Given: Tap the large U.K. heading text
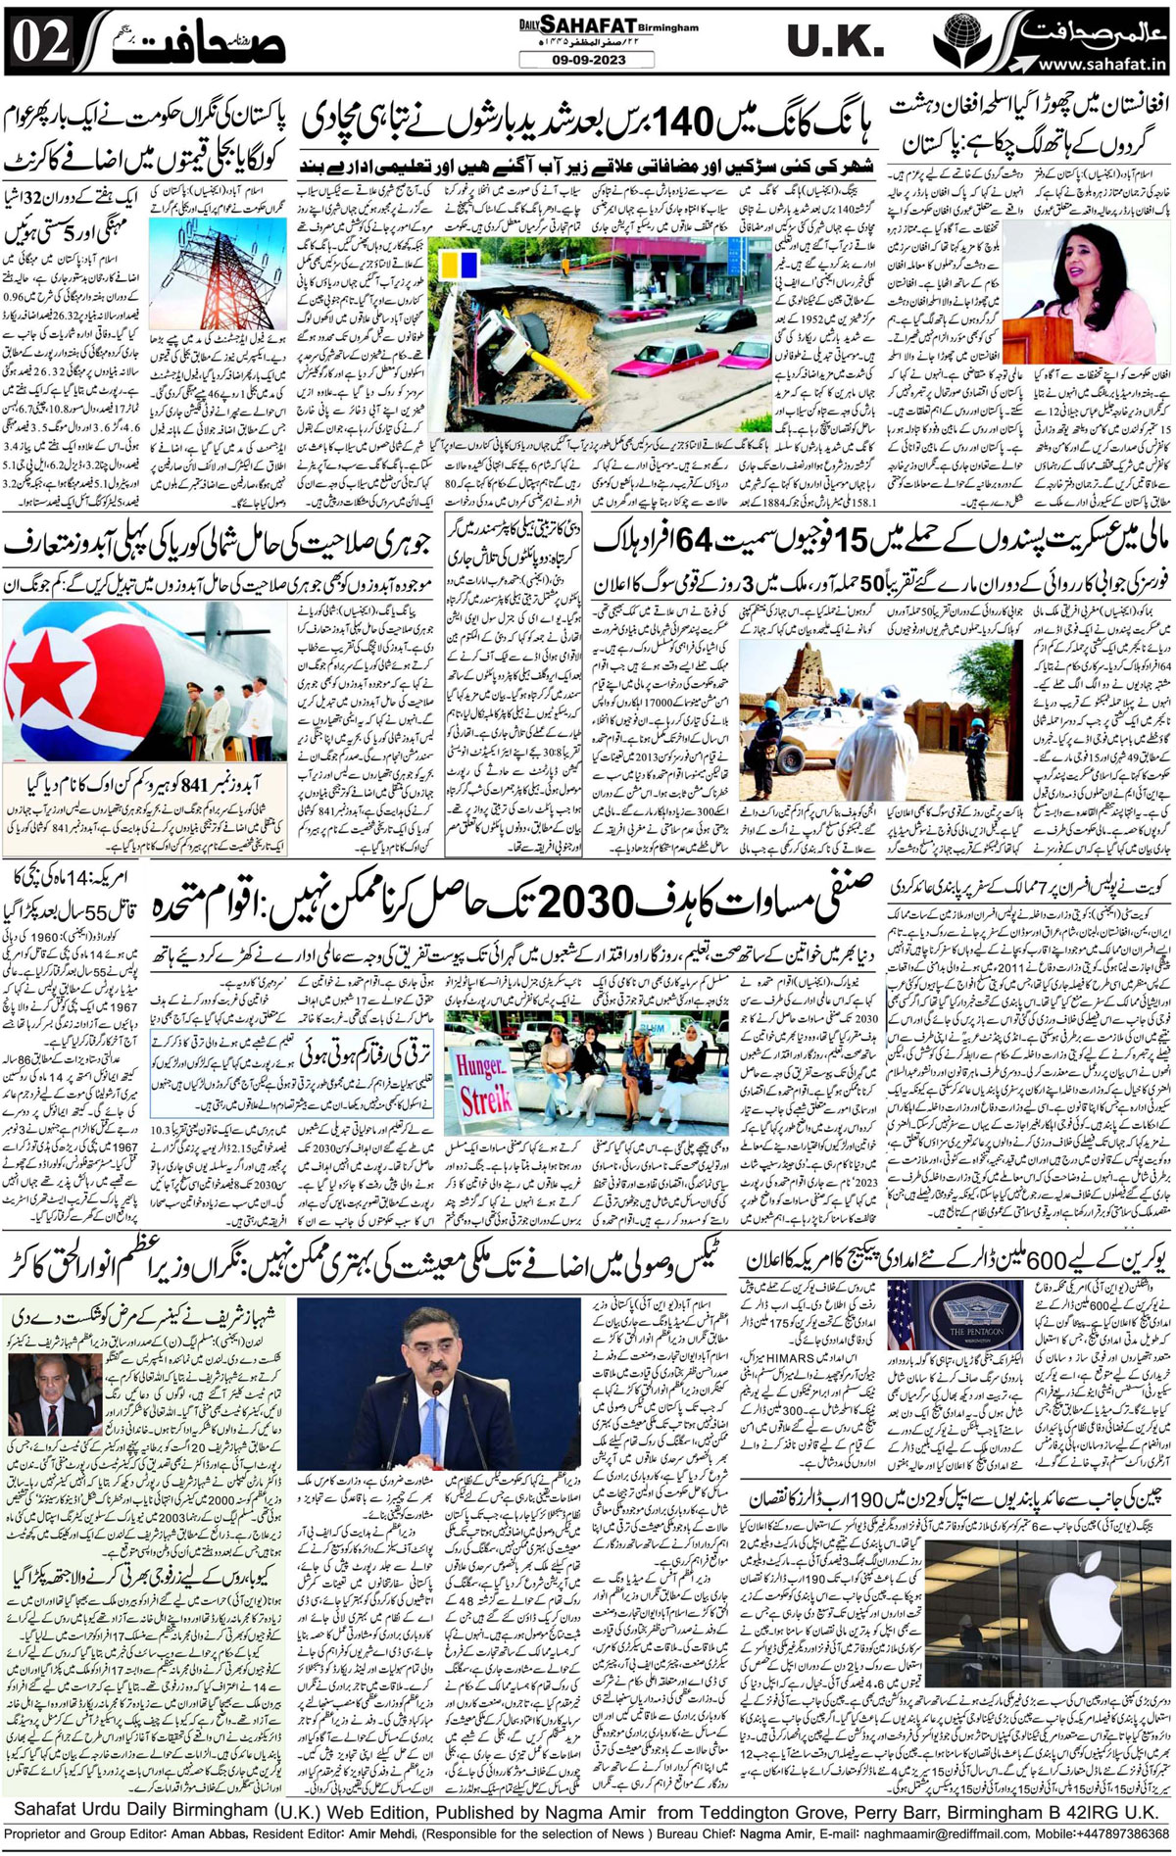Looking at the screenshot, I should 835,41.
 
